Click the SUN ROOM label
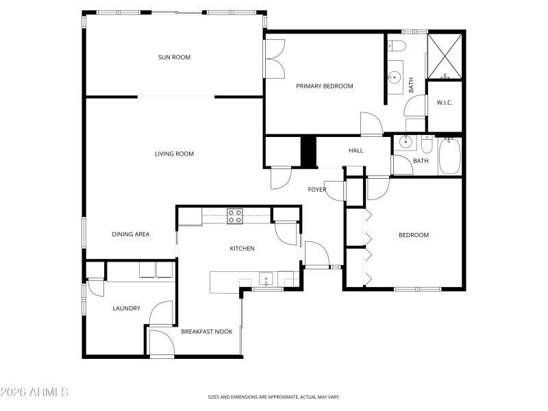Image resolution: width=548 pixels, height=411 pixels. (x=174, y=58)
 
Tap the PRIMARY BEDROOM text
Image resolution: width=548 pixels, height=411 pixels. (x=324, y=86)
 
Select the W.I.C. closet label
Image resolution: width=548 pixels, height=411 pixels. (x=445, y=103)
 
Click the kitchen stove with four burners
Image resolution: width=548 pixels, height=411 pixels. (x=235, y=216)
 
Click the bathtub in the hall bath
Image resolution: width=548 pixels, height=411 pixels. (x=449, y=155)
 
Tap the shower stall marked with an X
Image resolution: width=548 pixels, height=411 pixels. (x=445, y=55)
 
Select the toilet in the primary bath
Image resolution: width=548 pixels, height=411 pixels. (x=397, y=46)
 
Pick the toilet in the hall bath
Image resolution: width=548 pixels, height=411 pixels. (x=426, y=145)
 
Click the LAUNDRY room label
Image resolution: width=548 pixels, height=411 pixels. (x=126, y=309)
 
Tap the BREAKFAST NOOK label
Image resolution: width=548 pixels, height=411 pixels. (x=206, y=332)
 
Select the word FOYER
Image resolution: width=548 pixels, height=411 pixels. (x=316, y=190)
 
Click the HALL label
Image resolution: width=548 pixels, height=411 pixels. (x=356, y=151)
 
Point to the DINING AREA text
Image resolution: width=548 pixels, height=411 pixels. (x=130, y=234)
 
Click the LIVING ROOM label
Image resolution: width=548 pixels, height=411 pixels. (x=174, y=154)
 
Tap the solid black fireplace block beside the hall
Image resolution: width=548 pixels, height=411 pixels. (x=309, y=151)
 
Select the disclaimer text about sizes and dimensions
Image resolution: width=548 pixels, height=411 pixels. (x=274, y=397)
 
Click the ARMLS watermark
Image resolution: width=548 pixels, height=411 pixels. (x=34, y=393)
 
